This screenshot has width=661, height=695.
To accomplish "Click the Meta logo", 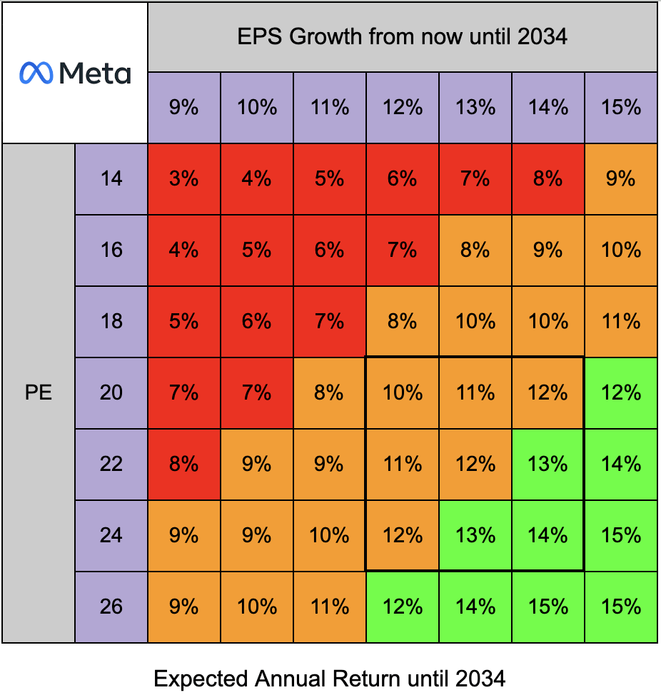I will pos(75,73).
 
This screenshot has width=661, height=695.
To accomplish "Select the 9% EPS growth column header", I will pos(184,108).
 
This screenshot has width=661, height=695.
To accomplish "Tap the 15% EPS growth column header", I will pos(621,108).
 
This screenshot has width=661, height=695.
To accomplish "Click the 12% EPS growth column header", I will pos(403,108).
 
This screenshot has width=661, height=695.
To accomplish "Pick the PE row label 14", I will pos(111,178).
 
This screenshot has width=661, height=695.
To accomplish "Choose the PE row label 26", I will pos(111,607).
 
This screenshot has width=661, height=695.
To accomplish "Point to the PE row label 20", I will pos(111,392).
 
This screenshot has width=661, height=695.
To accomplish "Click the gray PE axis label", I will pos(39,392).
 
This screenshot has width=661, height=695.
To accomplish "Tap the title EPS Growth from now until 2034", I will pos(403,36).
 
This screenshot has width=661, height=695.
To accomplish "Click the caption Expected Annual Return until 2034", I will pos(330,678).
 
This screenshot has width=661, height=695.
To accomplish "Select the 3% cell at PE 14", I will pos(184,178).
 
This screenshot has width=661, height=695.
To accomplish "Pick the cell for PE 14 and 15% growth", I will pos(621,178).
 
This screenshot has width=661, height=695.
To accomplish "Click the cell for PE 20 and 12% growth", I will pos(403,392).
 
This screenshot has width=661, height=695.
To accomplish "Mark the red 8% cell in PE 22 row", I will pos(184,464).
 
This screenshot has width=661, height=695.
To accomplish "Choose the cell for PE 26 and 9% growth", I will pos(184,607).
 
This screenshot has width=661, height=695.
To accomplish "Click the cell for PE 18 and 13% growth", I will pos(475,321).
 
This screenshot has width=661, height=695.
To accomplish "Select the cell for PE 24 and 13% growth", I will pos(475,535).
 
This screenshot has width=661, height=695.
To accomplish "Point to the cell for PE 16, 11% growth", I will pos(330,250).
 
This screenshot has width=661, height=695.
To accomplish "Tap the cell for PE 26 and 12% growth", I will pos(403,607).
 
